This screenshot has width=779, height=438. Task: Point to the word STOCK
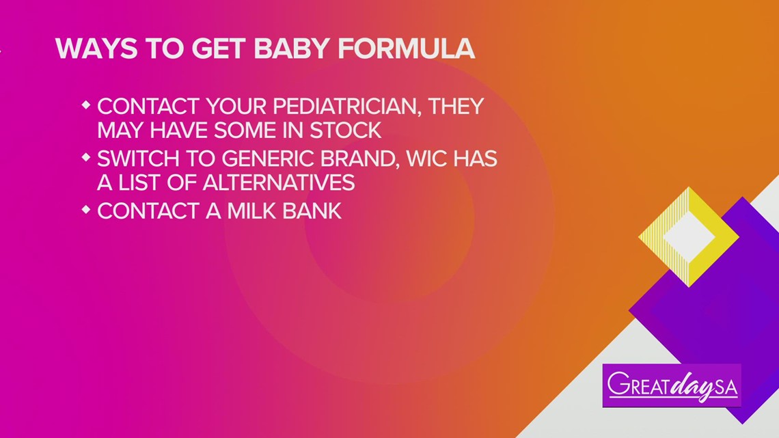pyautogui.click(x=344, y=129)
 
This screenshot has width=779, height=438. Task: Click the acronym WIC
pyautogui.click(x=411, y=159)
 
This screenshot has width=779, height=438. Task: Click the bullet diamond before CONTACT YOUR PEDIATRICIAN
pyautogui.click(x=85, y=105)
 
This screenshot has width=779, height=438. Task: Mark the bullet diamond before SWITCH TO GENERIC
pyautogui.click(x=85, y=158)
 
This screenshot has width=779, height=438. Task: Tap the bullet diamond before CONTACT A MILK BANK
pyautogui.click(x=85, y=210)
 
